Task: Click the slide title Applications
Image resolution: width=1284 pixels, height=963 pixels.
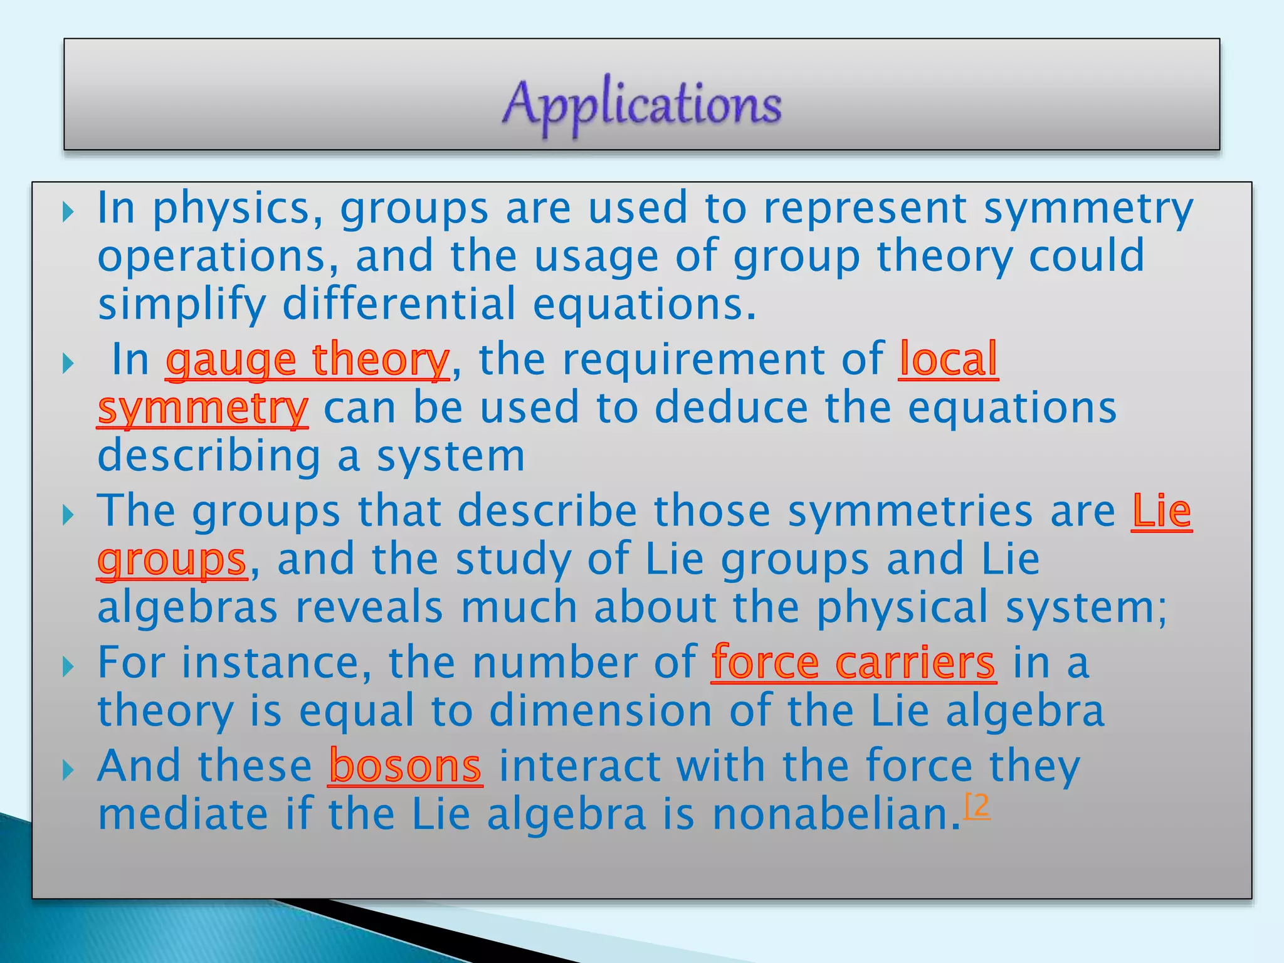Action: tap(642, 103)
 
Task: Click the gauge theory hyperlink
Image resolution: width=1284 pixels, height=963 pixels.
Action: tap(307, 360)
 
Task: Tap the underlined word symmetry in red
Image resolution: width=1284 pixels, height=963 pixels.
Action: tap(203, 409)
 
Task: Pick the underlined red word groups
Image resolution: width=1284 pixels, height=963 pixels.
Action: tap(172, 560)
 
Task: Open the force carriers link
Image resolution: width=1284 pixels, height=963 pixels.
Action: tap(853, 663)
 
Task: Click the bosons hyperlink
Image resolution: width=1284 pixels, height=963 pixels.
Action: tap(405, 766)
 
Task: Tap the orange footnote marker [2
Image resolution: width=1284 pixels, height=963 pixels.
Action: tap(977, 805)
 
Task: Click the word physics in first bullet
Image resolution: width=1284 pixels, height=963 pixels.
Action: tap(238, 209)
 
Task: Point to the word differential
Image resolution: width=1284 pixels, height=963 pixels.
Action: tap(399, 304)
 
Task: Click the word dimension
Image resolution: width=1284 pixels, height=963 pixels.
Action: tap(600, 712)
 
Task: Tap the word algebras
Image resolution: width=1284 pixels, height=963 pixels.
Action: tap(187, 608)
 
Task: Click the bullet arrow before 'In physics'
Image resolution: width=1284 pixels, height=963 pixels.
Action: tap(68, 213)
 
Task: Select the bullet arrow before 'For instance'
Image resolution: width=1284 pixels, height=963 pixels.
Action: tap(68, 666)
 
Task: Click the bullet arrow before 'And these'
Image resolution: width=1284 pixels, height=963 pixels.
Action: tap(68, 770)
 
